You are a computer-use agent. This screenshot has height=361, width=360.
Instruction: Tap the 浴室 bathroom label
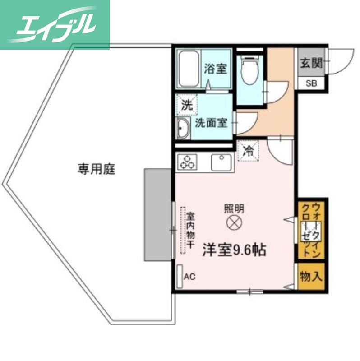tap(215, 69)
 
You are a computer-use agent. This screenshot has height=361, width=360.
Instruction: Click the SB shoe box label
tap(311, 84)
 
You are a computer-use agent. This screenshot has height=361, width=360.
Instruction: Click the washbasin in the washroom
tap(183, 129)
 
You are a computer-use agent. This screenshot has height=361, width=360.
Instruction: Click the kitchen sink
tap(221, 162)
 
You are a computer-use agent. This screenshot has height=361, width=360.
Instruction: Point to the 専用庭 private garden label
tap(96, 170)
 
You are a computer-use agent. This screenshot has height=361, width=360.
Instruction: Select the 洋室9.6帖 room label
tap(234, 250)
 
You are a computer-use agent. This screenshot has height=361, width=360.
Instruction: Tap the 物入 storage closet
tap(311, 276)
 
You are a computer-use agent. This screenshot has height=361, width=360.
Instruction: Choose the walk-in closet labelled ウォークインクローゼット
tap(311, 230)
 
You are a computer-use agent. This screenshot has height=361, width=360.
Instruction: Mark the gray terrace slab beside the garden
tap(157, 215)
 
